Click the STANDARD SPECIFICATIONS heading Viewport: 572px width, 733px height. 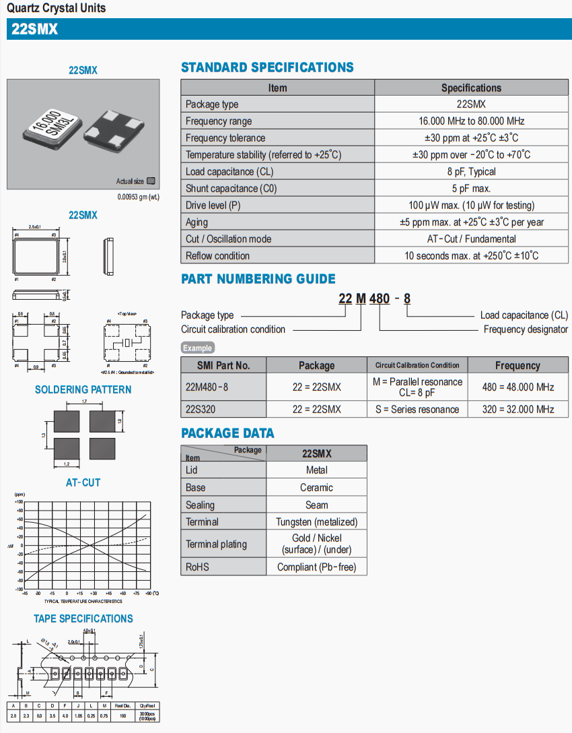(267, 67)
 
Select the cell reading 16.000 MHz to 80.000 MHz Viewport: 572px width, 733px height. (471, 121)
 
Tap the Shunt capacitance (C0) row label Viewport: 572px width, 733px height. (221, 189)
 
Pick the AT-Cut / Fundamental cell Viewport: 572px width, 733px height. (471, 239)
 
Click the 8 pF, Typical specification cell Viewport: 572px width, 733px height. (471, 172)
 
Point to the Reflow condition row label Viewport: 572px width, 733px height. (217, 256)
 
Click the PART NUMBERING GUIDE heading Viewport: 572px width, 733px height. (258, 279)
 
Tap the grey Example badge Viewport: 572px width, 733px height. (198, 348)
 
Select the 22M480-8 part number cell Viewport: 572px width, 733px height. (207, 387)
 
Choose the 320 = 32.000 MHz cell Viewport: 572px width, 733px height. (517, 409)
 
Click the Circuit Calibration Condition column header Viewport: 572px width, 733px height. (417, 365)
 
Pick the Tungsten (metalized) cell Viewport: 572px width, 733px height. (316, 521)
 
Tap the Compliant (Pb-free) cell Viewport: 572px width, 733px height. (316, 567)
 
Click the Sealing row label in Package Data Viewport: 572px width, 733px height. (200, 505)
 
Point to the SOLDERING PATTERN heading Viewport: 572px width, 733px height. (83, 389)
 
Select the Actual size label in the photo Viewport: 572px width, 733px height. (130, 181)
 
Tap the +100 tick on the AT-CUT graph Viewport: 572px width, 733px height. (20, 502)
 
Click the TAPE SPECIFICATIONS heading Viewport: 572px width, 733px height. (83, 618)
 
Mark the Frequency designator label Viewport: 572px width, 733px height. (526, 329)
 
